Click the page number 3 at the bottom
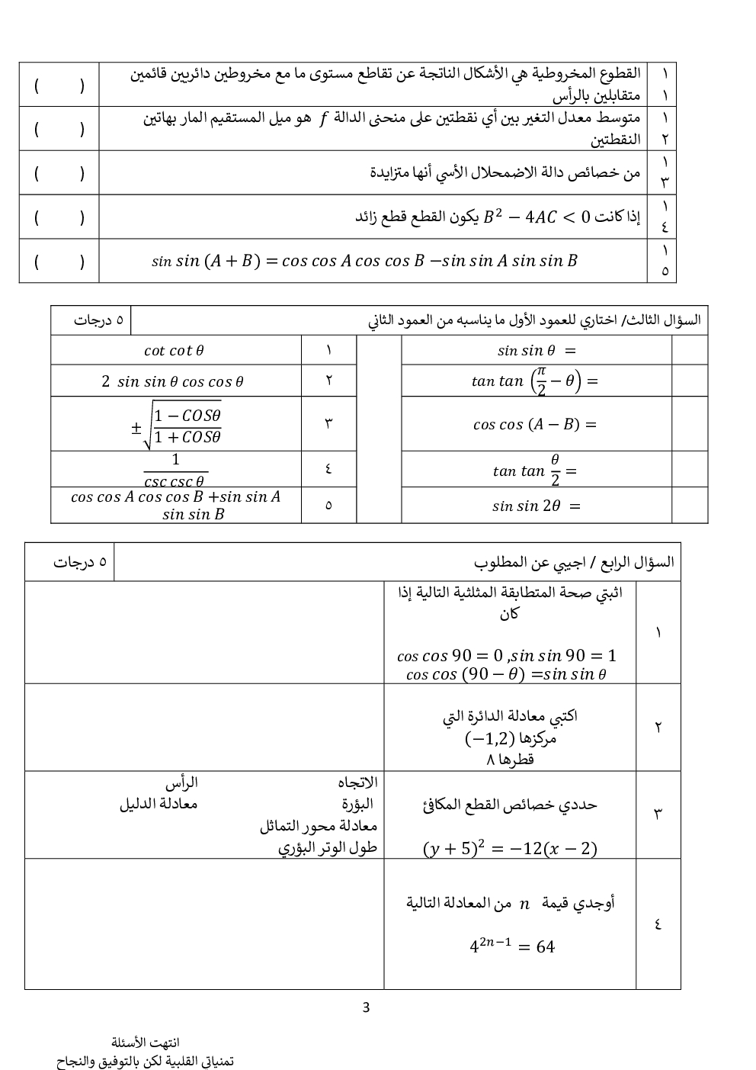tap(366, 1007)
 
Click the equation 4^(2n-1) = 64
tap(511, 946)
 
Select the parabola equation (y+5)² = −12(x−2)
tap(510, 848)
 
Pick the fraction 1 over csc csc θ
tap(175, 470)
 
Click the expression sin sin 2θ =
tap(537, 506)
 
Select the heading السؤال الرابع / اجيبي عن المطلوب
tap(574, 563)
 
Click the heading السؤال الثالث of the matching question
tap(534, 320)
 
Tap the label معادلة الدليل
tap(158, 804)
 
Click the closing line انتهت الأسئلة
tap(146, 1043)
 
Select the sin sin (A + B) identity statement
tap(364, 261)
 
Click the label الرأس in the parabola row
tap(181, 782)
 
